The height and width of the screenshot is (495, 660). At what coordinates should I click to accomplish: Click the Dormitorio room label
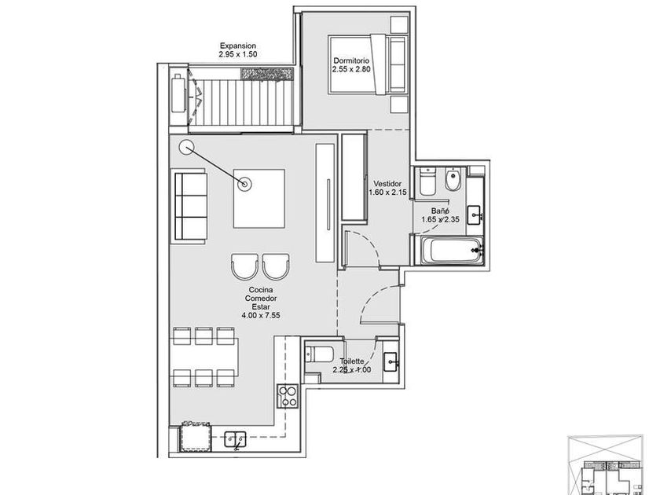[351, 60]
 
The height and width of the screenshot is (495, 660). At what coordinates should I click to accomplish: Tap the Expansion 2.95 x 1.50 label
[238, 49]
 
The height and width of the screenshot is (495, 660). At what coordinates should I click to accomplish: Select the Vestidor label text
[387, 184]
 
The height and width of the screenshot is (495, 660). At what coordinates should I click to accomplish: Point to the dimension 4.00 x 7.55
[261, 315]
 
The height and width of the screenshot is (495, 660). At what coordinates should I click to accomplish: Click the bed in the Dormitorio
[368, 64]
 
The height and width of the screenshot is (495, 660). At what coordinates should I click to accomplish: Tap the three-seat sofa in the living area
[189, 206]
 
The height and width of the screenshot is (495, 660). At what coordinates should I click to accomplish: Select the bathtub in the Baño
[449, 251]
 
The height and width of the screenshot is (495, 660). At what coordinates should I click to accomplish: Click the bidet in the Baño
[453, 180]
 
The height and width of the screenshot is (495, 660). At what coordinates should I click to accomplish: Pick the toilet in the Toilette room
[320, 354]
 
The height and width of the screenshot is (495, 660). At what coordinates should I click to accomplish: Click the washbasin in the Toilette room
[391, 362]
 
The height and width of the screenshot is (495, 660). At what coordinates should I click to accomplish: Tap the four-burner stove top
[288, 396]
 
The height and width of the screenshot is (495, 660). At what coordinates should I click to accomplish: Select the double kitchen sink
[235, 439]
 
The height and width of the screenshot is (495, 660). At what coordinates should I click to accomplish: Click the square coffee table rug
[258, 199]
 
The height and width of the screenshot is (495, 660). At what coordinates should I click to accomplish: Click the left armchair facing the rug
[244, 266]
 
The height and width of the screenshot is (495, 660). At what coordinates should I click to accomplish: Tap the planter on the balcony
[267, 73]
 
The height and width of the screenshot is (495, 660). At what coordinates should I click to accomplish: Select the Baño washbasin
[475, 215]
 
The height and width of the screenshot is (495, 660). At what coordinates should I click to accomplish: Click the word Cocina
[261, 290]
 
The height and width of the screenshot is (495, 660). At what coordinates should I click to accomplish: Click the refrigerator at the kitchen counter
[195, 438]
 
